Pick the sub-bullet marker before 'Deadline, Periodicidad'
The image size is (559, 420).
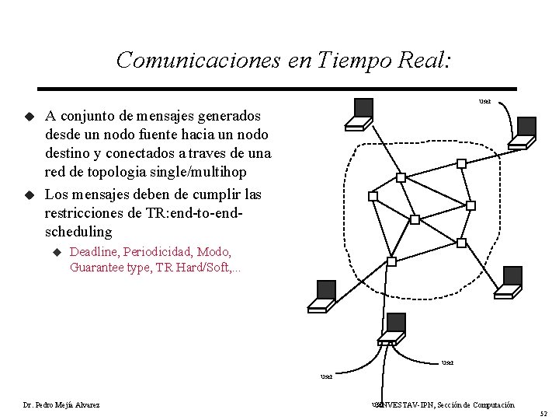coord(56,252)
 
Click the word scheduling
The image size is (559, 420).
coord(78,232)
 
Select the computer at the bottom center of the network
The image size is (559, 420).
coord(392,329)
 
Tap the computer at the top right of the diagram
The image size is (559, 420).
coord(524,131)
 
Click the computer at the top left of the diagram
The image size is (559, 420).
coord(360,113)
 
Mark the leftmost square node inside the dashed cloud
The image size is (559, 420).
coord(373,196)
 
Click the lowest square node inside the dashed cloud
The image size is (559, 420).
coord(392,261)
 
